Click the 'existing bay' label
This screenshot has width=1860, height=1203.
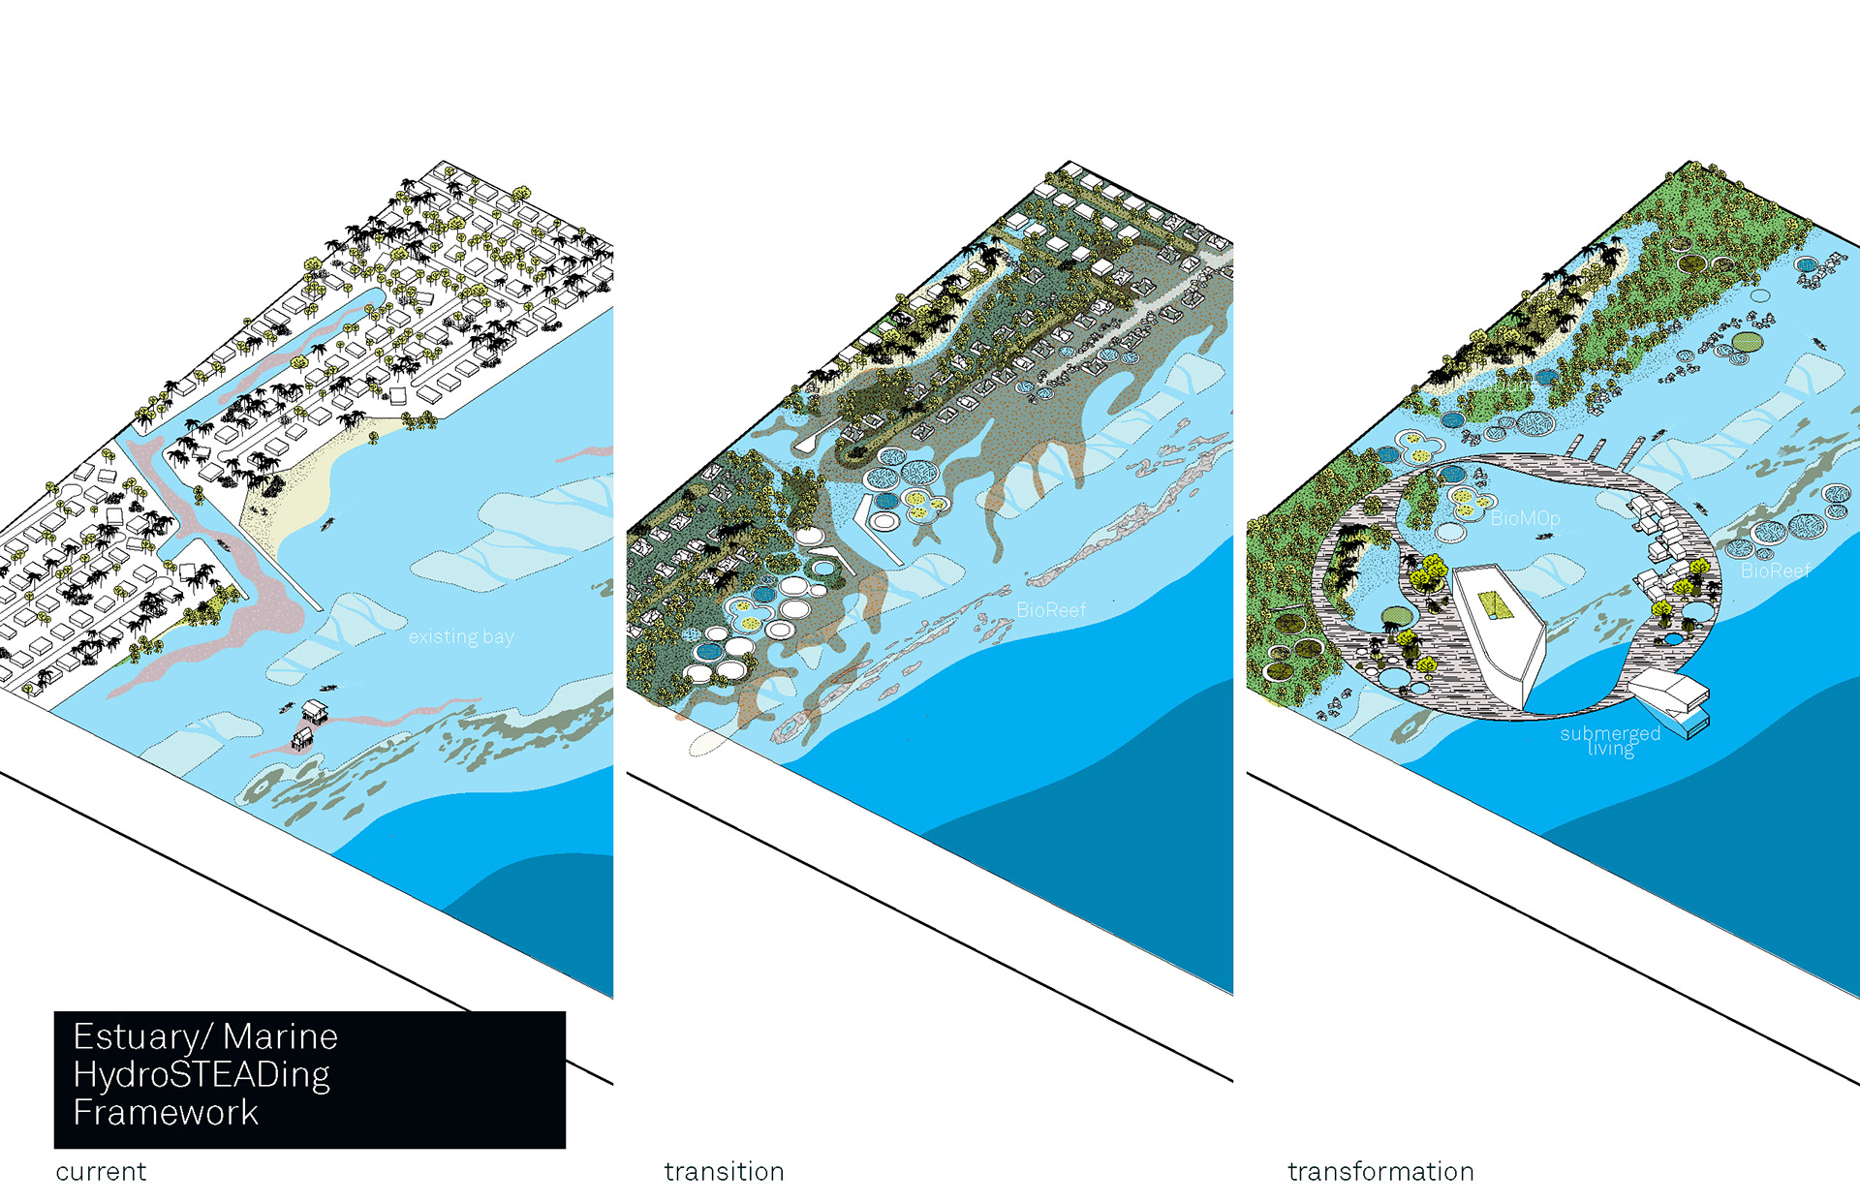pyautogui.click(x=461, y=637)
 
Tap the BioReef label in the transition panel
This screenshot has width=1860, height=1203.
pyautogui.click(x=1051, y=610)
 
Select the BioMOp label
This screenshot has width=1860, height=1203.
pyautogui.click(x=1525, y=519)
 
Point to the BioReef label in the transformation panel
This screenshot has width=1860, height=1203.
pyautogui.click(x=1775, y=571)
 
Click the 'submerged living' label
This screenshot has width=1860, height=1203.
pyautogui.click(x=1610, y=741)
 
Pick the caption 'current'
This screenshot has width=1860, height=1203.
pyautogui.click(x=101, y=1172)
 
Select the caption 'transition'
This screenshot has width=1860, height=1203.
pyautogui.click(x=724, y=1172)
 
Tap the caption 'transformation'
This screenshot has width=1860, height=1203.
pyautogui.click(x=1380, y=1172)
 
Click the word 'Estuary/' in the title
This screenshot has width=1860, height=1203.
pyautogui.click(x=141, y=1037)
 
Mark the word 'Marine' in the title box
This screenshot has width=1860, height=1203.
pyautogui.click(x=280, y=1037)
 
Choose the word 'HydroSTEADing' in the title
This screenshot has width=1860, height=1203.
pyautogui.click(x=201, y=1075)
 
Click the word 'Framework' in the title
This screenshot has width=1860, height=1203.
pyautogui.click(x=166, y=1113)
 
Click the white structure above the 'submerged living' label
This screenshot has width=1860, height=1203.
pyautogui.click(x=1668, y=690)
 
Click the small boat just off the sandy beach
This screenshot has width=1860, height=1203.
pyautogui.click(x=328, y=524)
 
